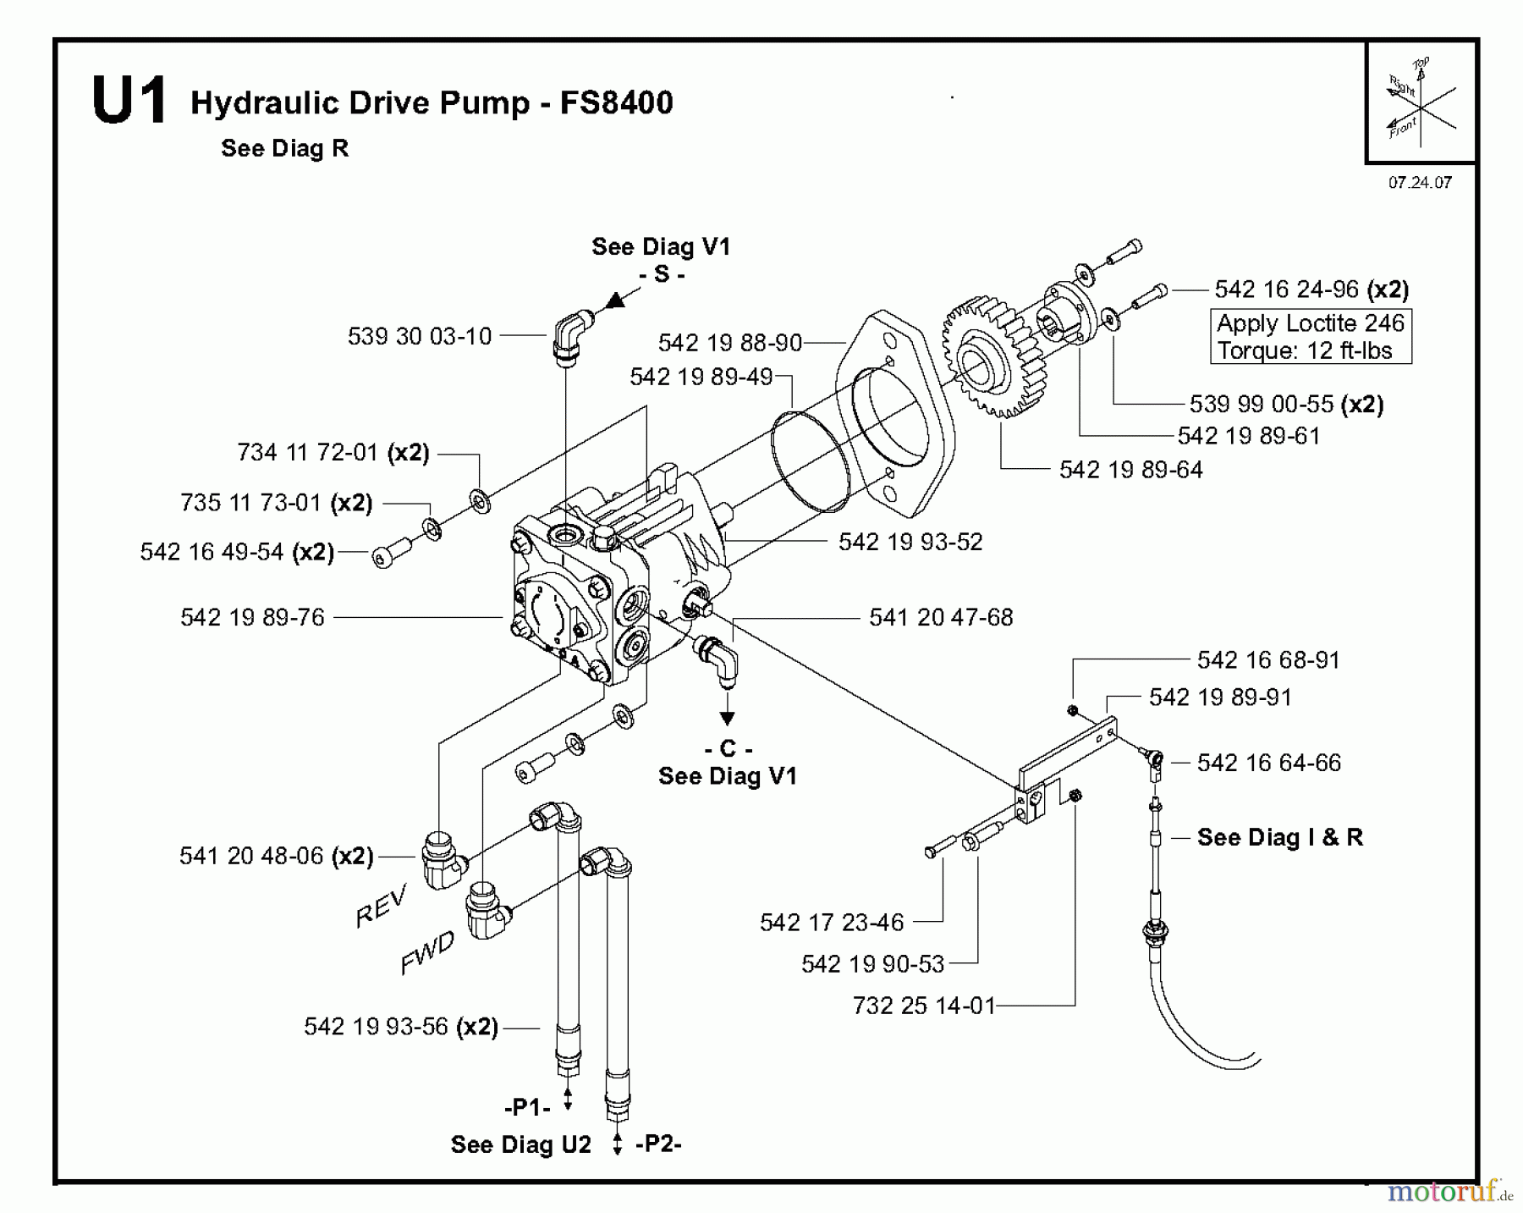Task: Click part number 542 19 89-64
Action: [1130, 470]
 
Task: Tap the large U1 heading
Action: [129, 102]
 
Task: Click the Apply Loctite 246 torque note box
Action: [1311, 337]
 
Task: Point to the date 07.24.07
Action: [1419, 182]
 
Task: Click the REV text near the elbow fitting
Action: [382, 906]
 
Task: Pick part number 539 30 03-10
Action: [420, 336]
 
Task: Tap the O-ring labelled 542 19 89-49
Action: [810, 462]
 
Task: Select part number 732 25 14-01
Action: [924, 1006]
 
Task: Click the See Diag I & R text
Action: [1279, 837]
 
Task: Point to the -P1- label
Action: [527, 1107]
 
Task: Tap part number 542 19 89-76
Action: [252, 617]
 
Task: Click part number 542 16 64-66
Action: [1268, 763]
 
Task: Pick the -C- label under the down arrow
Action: [727, 748]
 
